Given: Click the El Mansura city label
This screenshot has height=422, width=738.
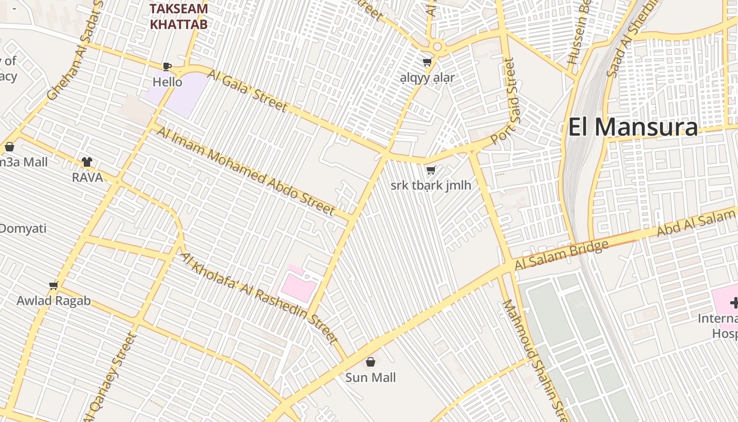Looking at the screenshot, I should coord(633,127).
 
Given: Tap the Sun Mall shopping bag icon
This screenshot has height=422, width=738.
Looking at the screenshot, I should coord(371,362).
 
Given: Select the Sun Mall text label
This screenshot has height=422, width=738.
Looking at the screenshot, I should coord(371,378).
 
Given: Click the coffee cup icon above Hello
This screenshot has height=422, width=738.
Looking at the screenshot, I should coord(167,66).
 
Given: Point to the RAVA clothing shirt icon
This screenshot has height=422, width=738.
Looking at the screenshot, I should coord(87,162).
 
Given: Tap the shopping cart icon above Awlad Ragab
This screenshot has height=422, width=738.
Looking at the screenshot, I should coord(53,286).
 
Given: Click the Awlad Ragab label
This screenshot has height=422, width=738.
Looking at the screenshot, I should coord(53,301).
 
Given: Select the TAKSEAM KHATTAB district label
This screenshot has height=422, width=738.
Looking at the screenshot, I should coord(178,16).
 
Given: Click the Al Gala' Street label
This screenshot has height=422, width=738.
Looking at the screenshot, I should coord(247,90).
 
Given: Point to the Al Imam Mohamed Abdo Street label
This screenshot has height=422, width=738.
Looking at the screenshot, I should coord(246,171).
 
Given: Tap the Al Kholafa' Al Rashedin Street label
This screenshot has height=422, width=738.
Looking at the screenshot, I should coord(259,298).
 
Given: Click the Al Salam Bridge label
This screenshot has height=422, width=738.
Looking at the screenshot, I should coord(561,255).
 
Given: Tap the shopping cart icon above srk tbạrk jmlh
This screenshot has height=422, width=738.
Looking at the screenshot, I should coord(431,170).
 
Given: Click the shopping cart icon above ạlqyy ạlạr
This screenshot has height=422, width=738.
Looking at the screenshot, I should coord(428,62).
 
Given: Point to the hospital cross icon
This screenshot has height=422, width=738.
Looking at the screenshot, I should coord(734,303).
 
